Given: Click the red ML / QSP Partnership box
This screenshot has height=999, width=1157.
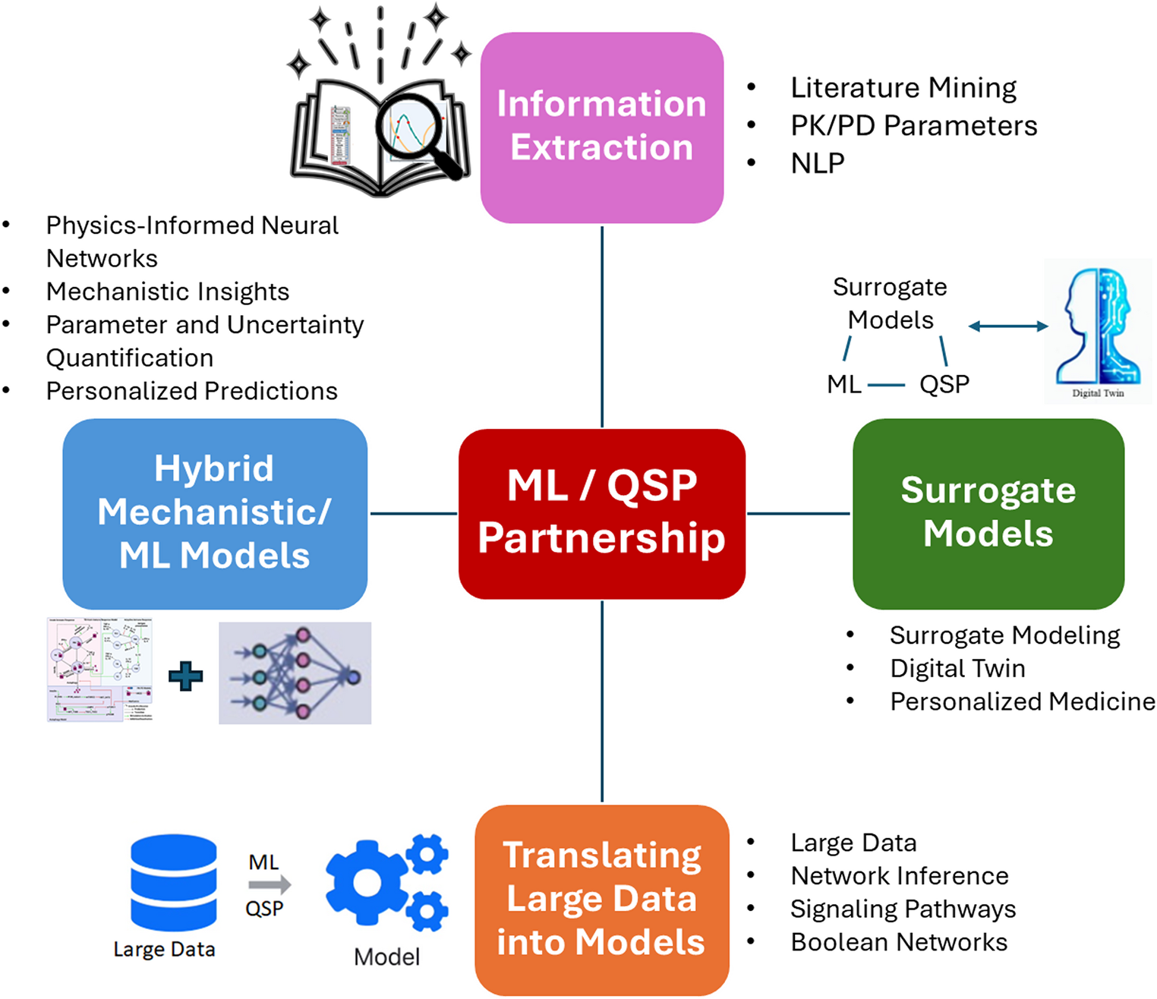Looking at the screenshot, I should [x=601, y=514].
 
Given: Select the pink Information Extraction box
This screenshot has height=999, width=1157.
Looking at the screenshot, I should [x=601, y=127].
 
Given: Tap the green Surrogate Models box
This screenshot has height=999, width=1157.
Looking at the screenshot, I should [x=988, y=514].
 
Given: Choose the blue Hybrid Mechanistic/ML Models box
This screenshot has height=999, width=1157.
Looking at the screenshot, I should [x=215, y=514].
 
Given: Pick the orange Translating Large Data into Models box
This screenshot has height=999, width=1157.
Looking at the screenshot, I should [x=601, y=900].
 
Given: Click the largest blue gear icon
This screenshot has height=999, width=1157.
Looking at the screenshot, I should [x=367, y=882].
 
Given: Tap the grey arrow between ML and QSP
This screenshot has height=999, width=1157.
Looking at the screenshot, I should [x=270, y=884].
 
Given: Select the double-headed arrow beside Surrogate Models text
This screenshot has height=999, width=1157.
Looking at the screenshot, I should [x=1008, y=326].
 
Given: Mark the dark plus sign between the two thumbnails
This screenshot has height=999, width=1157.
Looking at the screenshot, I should [x=186, y=676].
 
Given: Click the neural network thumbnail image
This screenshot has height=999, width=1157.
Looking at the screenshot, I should [x=295, y=673].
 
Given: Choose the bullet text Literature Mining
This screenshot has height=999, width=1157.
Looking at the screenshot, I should [x=903, y=88].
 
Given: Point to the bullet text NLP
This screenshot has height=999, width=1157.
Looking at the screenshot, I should [x=818, y=163].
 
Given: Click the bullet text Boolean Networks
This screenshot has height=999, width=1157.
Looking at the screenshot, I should [x=899, y=942].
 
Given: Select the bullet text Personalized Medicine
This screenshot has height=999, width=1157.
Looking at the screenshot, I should [x=1022, y=701].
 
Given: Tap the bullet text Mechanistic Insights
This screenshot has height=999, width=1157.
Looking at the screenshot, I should [x=168, y=292].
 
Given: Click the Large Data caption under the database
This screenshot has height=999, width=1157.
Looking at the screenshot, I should [x=164, y=949].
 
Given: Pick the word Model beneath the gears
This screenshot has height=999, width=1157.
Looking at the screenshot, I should [x=386, y=956].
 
